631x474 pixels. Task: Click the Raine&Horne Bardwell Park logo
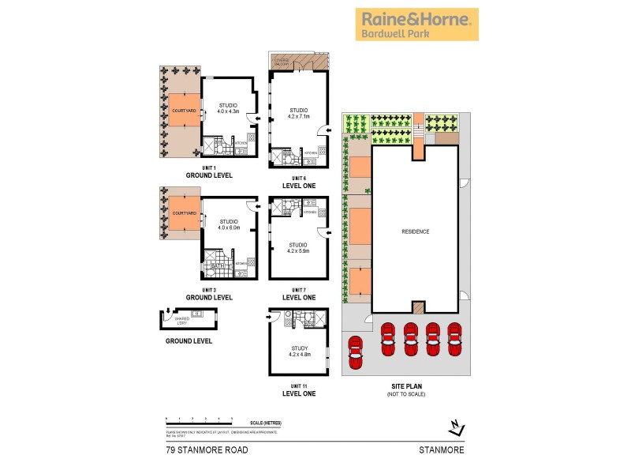click(416, 24)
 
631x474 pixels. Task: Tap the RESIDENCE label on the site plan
click(416, 231)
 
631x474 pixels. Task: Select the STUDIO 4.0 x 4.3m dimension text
click(228, 111)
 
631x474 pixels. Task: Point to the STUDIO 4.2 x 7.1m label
click(299, 114)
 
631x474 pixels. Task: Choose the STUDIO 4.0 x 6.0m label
click(229, 225)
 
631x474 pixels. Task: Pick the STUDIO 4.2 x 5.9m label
click(299, 248)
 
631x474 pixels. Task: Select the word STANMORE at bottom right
click(441, 450)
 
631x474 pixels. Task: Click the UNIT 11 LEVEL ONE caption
click(299, 389)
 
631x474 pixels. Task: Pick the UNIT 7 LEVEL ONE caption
click(299, 294)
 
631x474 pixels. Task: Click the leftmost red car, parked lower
click(356, 348)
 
